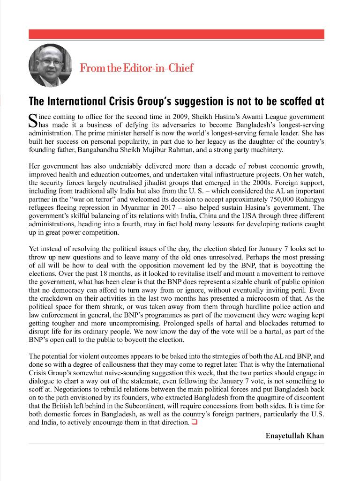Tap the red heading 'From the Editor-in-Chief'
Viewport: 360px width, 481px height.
[136, 67]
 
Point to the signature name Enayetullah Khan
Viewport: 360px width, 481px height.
[294, 436]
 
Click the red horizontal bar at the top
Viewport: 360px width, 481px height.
[177, 34]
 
